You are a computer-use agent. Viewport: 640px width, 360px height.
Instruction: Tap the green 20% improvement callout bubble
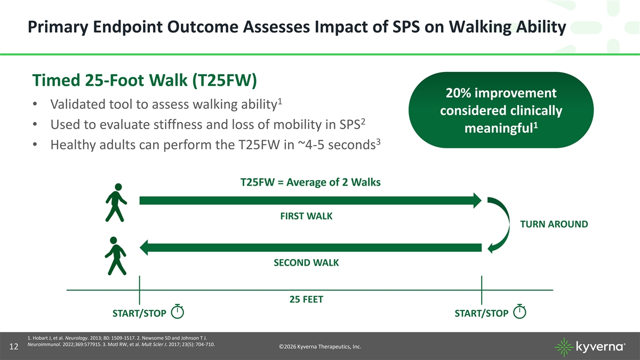[501, 110]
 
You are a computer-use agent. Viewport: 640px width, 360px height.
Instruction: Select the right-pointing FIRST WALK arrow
[310, 201]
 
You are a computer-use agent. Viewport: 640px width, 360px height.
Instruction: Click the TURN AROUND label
[554, 225]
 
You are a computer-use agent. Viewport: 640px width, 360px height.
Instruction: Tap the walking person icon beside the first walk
[116, 202]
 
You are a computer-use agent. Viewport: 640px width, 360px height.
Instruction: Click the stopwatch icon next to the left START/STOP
[178, 312]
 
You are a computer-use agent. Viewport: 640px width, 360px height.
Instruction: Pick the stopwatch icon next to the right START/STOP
[519, 312]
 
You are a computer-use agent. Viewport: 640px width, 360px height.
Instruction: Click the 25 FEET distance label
[306, 300]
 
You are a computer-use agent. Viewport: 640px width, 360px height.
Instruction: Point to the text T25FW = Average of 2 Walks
[311, 182]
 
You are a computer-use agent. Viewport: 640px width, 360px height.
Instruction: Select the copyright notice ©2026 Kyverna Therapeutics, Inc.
[320, 347]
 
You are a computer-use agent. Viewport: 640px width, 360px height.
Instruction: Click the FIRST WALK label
[306, 216]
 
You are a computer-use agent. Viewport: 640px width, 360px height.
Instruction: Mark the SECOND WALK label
[306, 263]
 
